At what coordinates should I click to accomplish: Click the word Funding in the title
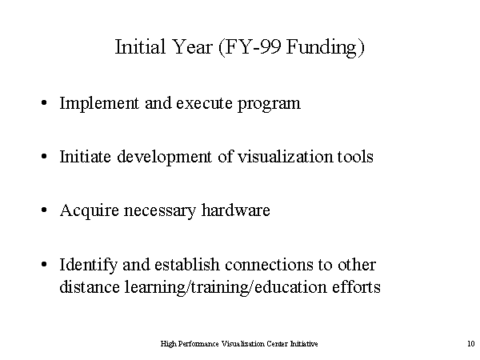point(322,47)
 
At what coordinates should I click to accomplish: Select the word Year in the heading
point(192,47)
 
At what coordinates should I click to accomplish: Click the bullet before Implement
point(44,102)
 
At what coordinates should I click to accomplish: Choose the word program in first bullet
point(269,104)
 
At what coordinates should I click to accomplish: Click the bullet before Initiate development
point(44,157)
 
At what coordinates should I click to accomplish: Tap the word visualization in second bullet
point(285,157)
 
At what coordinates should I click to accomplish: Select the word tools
point(355,157)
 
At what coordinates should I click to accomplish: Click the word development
point(164,158)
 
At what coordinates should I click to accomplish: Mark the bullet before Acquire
point(44,210)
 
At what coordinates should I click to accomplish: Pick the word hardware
point(236,210)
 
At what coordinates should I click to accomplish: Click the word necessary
point(159,211)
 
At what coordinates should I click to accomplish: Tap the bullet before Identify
point(44,264)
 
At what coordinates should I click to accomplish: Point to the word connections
point(269,265)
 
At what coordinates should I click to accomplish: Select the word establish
point(186,264)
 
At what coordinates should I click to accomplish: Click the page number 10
point(471,343)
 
